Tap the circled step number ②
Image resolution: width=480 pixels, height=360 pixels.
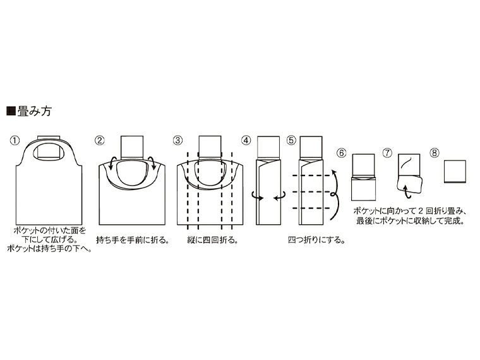[x=99, y=140]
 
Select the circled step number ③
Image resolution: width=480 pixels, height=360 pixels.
[x=178, y=140]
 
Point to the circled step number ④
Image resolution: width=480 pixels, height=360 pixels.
[x=246, y=140]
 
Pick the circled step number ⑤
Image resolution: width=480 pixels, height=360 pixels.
[x=291, y=140]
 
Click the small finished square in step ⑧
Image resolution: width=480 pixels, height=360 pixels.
[x=455, y=171]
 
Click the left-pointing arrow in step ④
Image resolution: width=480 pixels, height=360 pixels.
[x=277, y=197]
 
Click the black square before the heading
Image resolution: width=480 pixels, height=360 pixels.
[x=10, y=112]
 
